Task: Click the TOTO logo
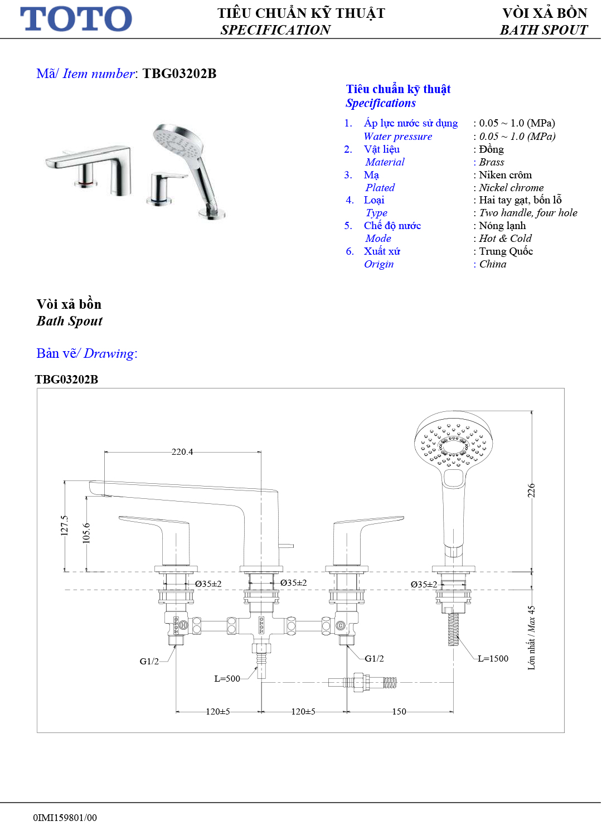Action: tap(76, 19)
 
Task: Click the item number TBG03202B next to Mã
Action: tap(179, 74)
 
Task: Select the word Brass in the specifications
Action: tap(491, 162)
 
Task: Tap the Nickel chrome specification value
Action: tap(511, 188)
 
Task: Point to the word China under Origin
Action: tap(493, 264)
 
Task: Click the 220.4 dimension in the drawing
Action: tap(182, 452)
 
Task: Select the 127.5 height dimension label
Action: tap(65, 525)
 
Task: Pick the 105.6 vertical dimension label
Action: tap(86, 533)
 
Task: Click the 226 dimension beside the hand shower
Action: tap(531, 490)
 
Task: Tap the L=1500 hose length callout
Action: tap(493, 659)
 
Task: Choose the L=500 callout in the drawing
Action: tap(227, 679)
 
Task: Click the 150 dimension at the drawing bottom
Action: tap(399, 712)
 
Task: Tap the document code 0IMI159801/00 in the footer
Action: tap(65, 818)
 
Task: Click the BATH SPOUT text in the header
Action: tap(543, 30)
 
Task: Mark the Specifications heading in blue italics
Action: tap(381, 103)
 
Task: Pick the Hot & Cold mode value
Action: tap(505, 239)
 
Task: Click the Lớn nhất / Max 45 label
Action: tap(531, 638)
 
